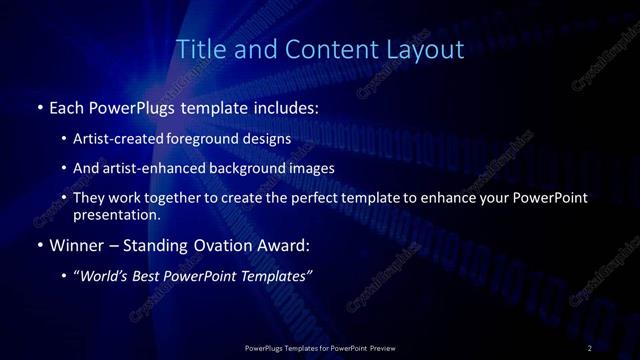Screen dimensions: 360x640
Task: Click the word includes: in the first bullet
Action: pos(289,106)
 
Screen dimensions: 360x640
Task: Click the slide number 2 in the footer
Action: pos(590,348)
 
